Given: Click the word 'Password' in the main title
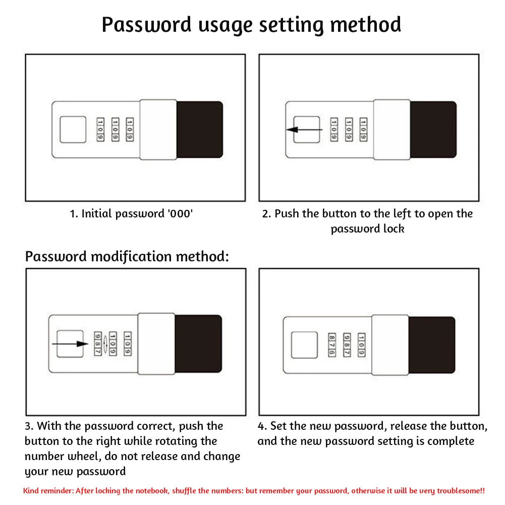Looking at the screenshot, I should point(147,24).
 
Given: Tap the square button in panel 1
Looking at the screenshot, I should point(73,130).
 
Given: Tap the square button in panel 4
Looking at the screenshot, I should point(304,345).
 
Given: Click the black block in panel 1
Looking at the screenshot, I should point(199,130).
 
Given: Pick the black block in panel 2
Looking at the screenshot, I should point(433,130).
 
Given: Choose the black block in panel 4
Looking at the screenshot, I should point(431,345).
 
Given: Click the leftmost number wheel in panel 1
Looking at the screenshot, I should point(100,130).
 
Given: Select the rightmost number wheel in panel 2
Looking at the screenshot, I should point(363,130).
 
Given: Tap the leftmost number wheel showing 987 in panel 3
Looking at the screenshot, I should point(98,344).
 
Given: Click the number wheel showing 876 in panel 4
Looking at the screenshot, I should point(332,345).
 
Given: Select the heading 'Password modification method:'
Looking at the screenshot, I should point(127,256).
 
